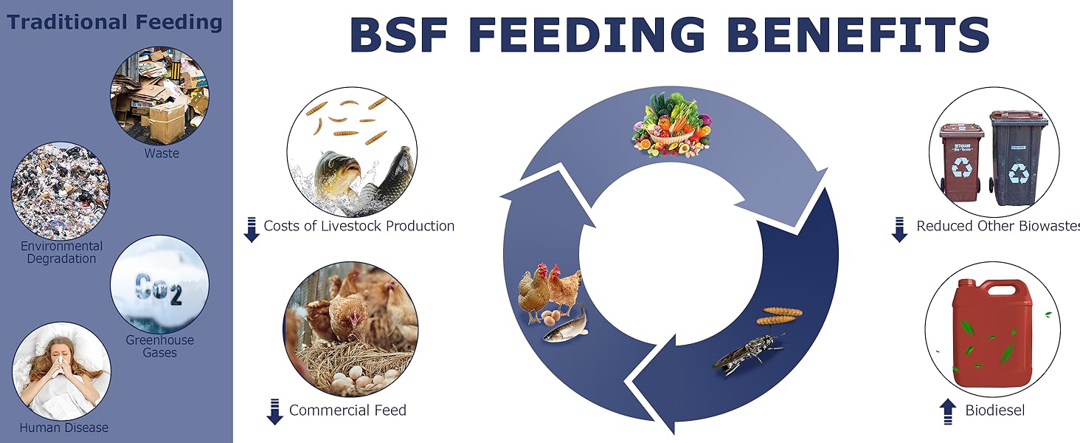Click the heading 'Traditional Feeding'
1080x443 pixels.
click(114, 22)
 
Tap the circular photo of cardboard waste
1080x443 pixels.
click(159, 96)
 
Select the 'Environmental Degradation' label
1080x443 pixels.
click(62, 253)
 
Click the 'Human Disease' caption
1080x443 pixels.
click(64, 427)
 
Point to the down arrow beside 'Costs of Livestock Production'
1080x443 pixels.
click(251, 230)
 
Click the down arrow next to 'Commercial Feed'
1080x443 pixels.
click(274, 412)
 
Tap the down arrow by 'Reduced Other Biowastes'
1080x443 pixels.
click(899, 230)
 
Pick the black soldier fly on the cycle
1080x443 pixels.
click(747, 353)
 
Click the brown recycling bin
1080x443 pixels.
click(961, 161)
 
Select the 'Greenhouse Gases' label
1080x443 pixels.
click(159, 346)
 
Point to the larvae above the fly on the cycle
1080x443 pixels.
click(780, 315)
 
